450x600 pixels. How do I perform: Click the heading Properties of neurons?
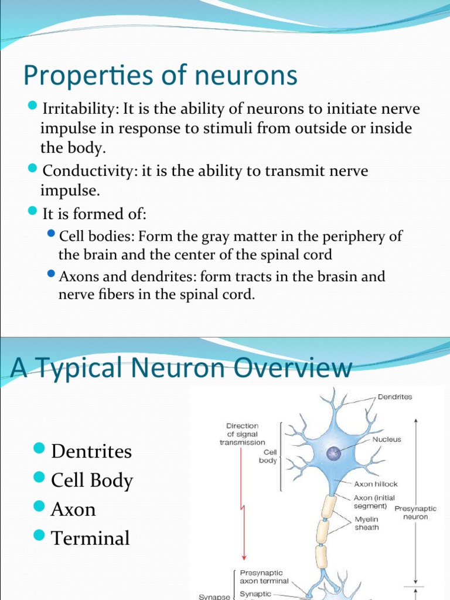coord(160,76)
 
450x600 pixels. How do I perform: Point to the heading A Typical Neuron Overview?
coord(182,368)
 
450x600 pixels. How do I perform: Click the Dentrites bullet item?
coord(91,451)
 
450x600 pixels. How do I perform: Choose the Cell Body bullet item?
coord(92,480)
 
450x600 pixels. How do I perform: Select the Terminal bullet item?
coord(90,538)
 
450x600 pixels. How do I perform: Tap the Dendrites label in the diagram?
coord(394,397)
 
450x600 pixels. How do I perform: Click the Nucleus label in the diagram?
coord(386,439)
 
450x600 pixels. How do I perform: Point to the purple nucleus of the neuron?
coord(333,454)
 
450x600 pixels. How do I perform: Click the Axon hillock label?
coord(376,485)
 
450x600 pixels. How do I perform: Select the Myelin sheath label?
coord(366,523)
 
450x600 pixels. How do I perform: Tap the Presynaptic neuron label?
coord(415,513)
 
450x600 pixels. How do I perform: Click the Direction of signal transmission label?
coord(242,434)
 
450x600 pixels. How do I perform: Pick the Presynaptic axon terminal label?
coord(265,577)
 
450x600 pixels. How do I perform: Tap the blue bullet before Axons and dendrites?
coord(51,274)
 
